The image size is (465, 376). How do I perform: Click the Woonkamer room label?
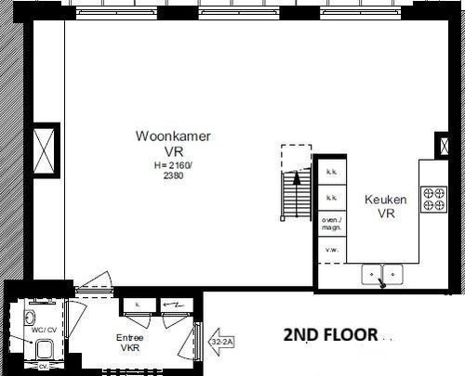[x=173, y=136]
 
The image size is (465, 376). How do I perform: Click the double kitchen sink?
[x=382, y=274]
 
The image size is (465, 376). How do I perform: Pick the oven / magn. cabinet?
[x=330, y=223]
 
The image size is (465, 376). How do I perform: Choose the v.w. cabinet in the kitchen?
[x=330, y=251]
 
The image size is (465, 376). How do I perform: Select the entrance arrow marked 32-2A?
[x=219, y=342]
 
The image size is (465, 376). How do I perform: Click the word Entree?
[x=129, y=337]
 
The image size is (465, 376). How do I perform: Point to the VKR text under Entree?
[x=129, y=349]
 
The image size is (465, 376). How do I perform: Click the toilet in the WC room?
[x=42, y=348]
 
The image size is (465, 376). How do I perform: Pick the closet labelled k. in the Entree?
[x=137, y=305]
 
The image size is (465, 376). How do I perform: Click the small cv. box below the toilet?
[x=43, y=365]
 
